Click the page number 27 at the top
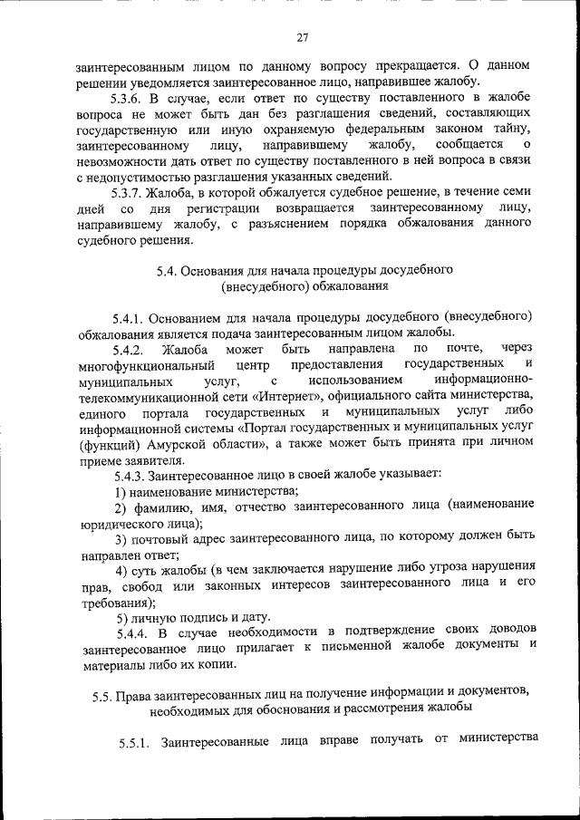click(x=304, y=37)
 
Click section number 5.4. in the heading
click(x=169, y=270)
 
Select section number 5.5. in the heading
click(x=108, y=692)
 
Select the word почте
click(x=463, y=349)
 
